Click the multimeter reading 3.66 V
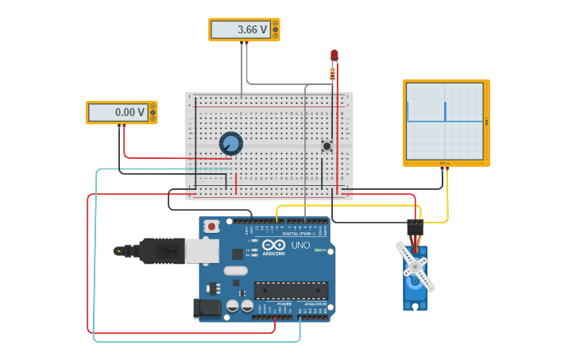[244, 29]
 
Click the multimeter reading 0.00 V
[122, 112]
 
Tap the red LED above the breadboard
[334, 56]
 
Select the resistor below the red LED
[332, 75]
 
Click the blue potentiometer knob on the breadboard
[230, 143]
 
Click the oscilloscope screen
[445, 122]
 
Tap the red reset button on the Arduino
[211, 226]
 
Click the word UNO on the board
[300, 246]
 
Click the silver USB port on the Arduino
[202, 251]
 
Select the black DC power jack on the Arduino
[206, 308]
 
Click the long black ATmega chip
[291, 290]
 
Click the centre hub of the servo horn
[414, 267]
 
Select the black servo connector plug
[415, 228]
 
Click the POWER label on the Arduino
[284, 304]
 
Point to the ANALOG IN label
[313, 304]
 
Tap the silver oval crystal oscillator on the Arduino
[236, 271]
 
